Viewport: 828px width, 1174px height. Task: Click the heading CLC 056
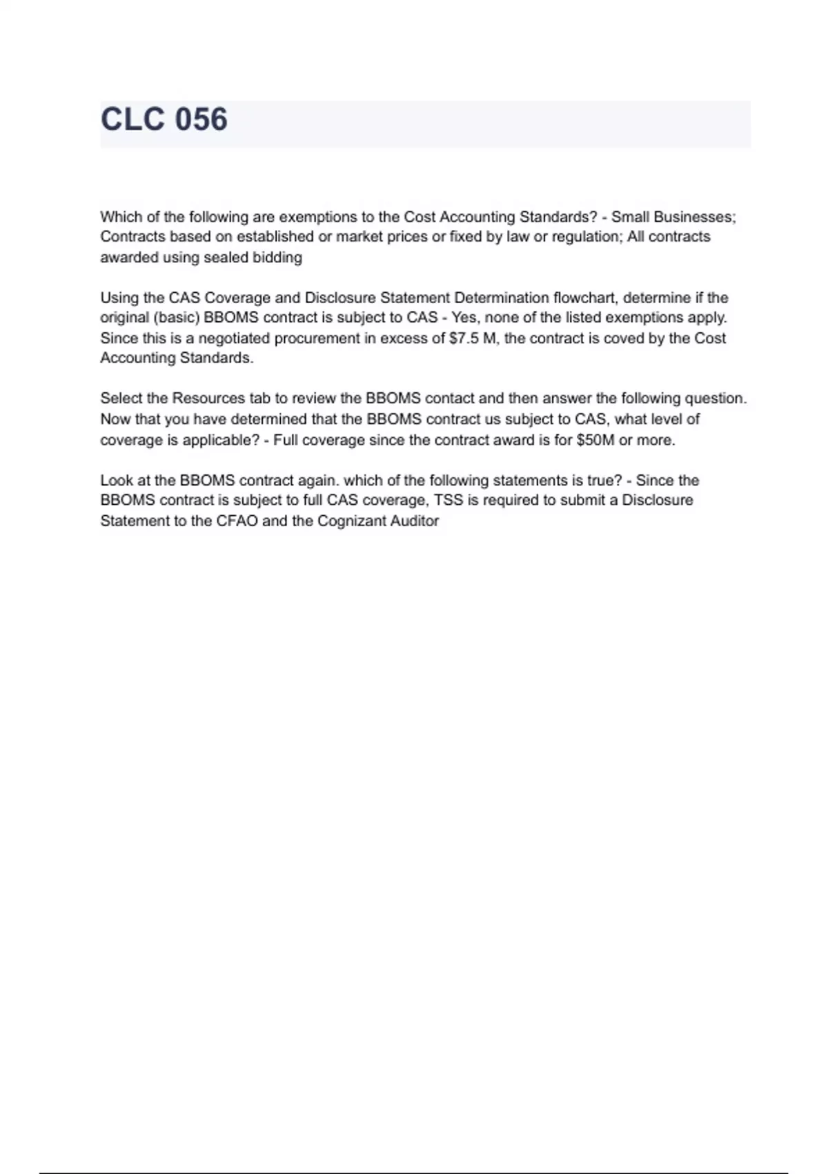(164, 119)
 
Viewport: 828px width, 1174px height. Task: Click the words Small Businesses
(672, 217)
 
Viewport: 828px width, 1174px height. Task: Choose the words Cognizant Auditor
(377, 521)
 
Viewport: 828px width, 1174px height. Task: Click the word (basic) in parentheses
(177, 318)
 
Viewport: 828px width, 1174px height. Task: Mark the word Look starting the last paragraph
(117, 480)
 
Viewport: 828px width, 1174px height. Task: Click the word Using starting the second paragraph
(119, 298)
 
